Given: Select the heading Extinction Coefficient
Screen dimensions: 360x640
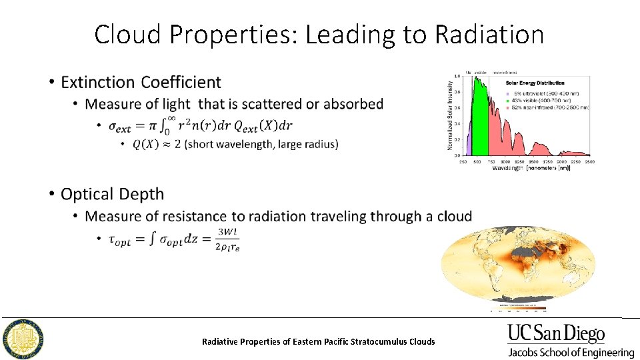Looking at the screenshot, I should tap(141, 82).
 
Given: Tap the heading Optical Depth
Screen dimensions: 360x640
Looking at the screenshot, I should tap(112, 194).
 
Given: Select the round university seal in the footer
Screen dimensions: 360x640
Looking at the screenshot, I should tap(23, 339).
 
